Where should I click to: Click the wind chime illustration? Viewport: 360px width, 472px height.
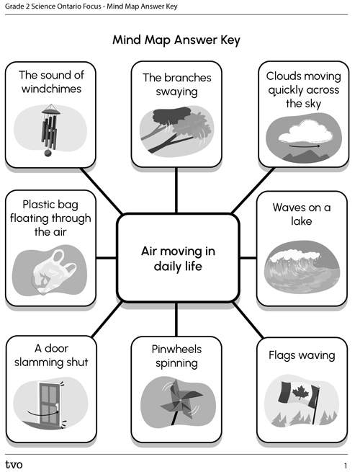click(x=50, y=130)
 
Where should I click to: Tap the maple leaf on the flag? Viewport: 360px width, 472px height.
click(x=298, y=393)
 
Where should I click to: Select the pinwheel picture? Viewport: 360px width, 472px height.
click(x=179, y=401)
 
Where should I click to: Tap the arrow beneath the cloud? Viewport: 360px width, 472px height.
click(x=305, y=146)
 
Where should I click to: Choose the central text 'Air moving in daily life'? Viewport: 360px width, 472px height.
click(x=178, y=259)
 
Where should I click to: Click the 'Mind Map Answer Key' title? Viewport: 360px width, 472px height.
click(x=176, y=40)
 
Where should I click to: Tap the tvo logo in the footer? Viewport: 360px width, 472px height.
click(x=14, y=465)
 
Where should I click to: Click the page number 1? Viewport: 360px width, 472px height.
click(x=346, y=466)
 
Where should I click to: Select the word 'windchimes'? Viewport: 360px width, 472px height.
click(x=51, y=89)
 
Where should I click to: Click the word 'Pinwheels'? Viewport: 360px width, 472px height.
click(x=176, y=349)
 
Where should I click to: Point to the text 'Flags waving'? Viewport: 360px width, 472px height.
click(x=302, y=355)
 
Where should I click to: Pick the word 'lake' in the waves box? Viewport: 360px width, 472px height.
click(x=302, y=221)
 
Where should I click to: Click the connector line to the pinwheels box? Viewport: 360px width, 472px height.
click(x=176, y=319)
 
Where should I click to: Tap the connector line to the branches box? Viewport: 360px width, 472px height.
click(x=176, y=190)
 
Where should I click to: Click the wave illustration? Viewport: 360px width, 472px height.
click(x=302, y=267)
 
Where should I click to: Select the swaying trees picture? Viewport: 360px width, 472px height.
click(x=177, y=130)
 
